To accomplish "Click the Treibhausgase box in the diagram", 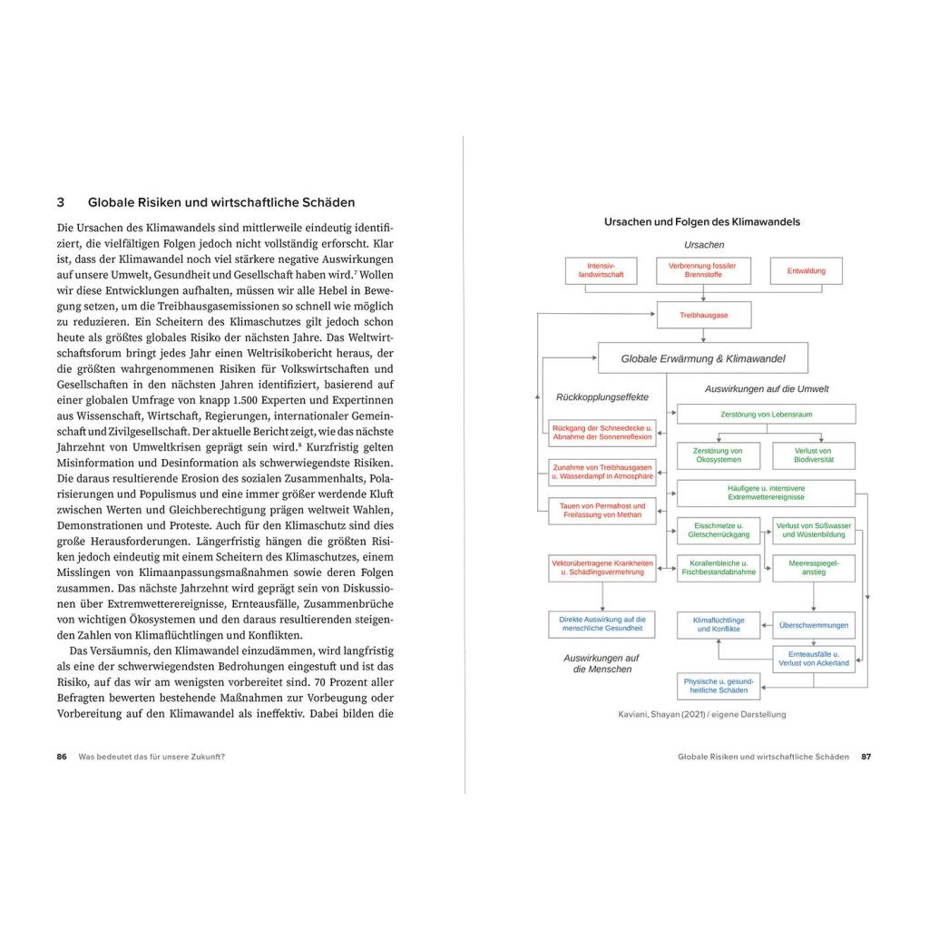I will tap(704, 315).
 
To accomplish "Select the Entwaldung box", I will tap(807, 270).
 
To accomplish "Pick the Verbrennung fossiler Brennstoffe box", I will tap(703, 270).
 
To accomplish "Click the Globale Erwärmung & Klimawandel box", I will tap(702, 358).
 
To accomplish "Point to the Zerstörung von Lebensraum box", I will tap(767, 413).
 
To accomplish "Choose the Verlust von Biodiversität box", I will tap(814, 455).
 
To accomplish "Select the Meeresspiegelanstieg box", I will tap(814, 568).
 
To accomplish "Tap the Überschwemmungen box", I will tap(814, 624).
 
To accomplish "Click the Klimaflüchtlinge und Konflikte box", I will tap(719, 624).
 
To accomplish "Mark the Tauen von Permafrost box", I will tap(601, 511).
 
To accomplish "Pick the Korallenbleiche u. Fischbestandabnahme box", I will tap(719, 568).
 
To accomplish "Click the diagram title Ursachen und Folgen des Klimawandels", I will tap(702, 221).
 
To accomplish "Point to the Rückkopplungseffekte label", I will tap(602, 396).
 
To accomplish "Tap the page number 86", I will tap(62, 757).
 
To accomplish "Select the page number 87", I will tap(865, 757).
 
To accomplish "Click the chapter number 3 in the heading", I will tap(61, 202).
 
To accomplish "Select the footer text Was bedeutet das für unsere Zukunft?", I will tap(152, 757).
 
